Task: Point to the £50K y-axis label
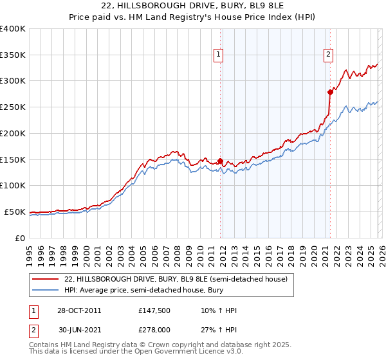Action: [15, 212]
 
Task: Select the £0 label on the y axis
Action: [21, 238]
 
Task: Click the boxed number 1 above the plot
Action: [219, 55]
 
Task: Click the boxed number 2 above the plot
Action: [329, 55]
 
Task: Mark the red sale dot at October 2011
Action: [220, 161]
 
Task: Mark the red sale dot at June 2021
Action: [330, 92]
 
